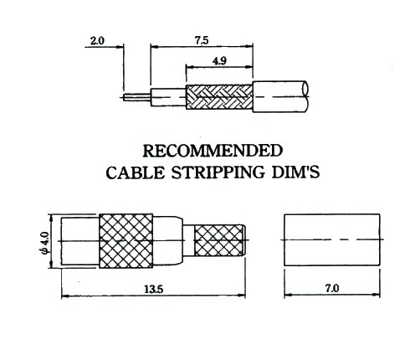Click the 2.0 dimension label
97,41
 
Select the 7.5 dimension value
202,40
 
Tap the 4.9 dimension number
219,61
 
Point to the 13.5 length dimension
153,289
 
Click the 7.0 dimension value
332,288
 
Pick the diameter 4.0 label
45,243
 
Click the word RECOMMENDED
213,151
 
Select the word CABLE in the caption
136,172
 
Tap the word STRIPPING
218,172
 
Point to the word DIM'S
295,172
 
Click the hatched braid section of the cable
219,97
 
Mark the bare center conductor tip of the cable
137,97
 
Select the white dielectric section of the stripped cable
168,97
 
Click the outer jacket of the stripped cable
280,97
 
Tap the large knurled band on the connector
126,241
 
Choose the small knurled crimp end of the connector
218,240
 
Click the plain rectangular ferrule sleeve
332,239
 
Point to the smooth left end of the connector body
80,241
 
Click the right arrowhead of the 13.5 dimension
242,295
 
